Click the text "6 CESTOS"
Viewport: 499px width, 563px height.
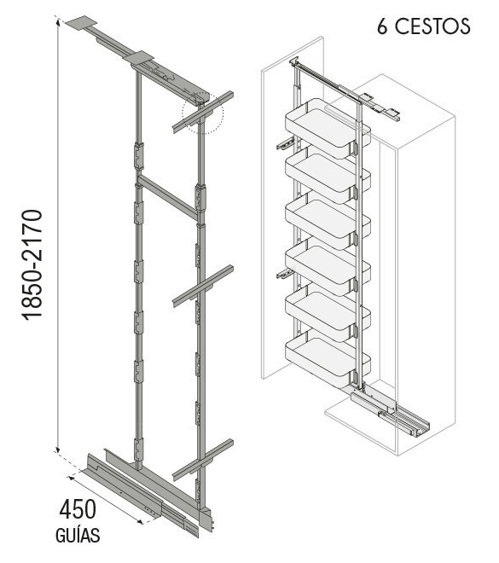(x=423, y=26)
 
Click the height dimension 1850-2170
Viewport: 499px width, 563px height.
(x=32, y=264)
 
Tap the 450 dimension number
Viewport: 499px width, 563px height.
(x=78, y=510)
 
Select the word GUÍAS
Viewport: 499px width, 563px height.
(x=78, y=536)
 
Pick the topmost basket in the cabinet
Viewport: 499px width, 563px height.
(x=328, y=127)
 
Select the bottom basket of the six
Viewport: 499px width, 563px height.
(x=328, y=361)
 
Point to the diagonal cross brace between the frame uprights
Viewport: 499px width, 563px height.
(x=168, y=197)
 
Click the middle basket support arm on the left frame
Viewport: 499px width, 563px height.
(x=203, y=286)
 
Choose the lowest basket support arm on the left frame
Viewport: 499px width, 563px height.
(x=203, y=460)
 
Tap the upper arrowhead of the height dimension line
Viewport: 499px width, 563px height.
(x=57, y=20)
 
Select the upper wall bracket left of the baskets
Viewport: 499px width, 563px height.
(x=286, y=142)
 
